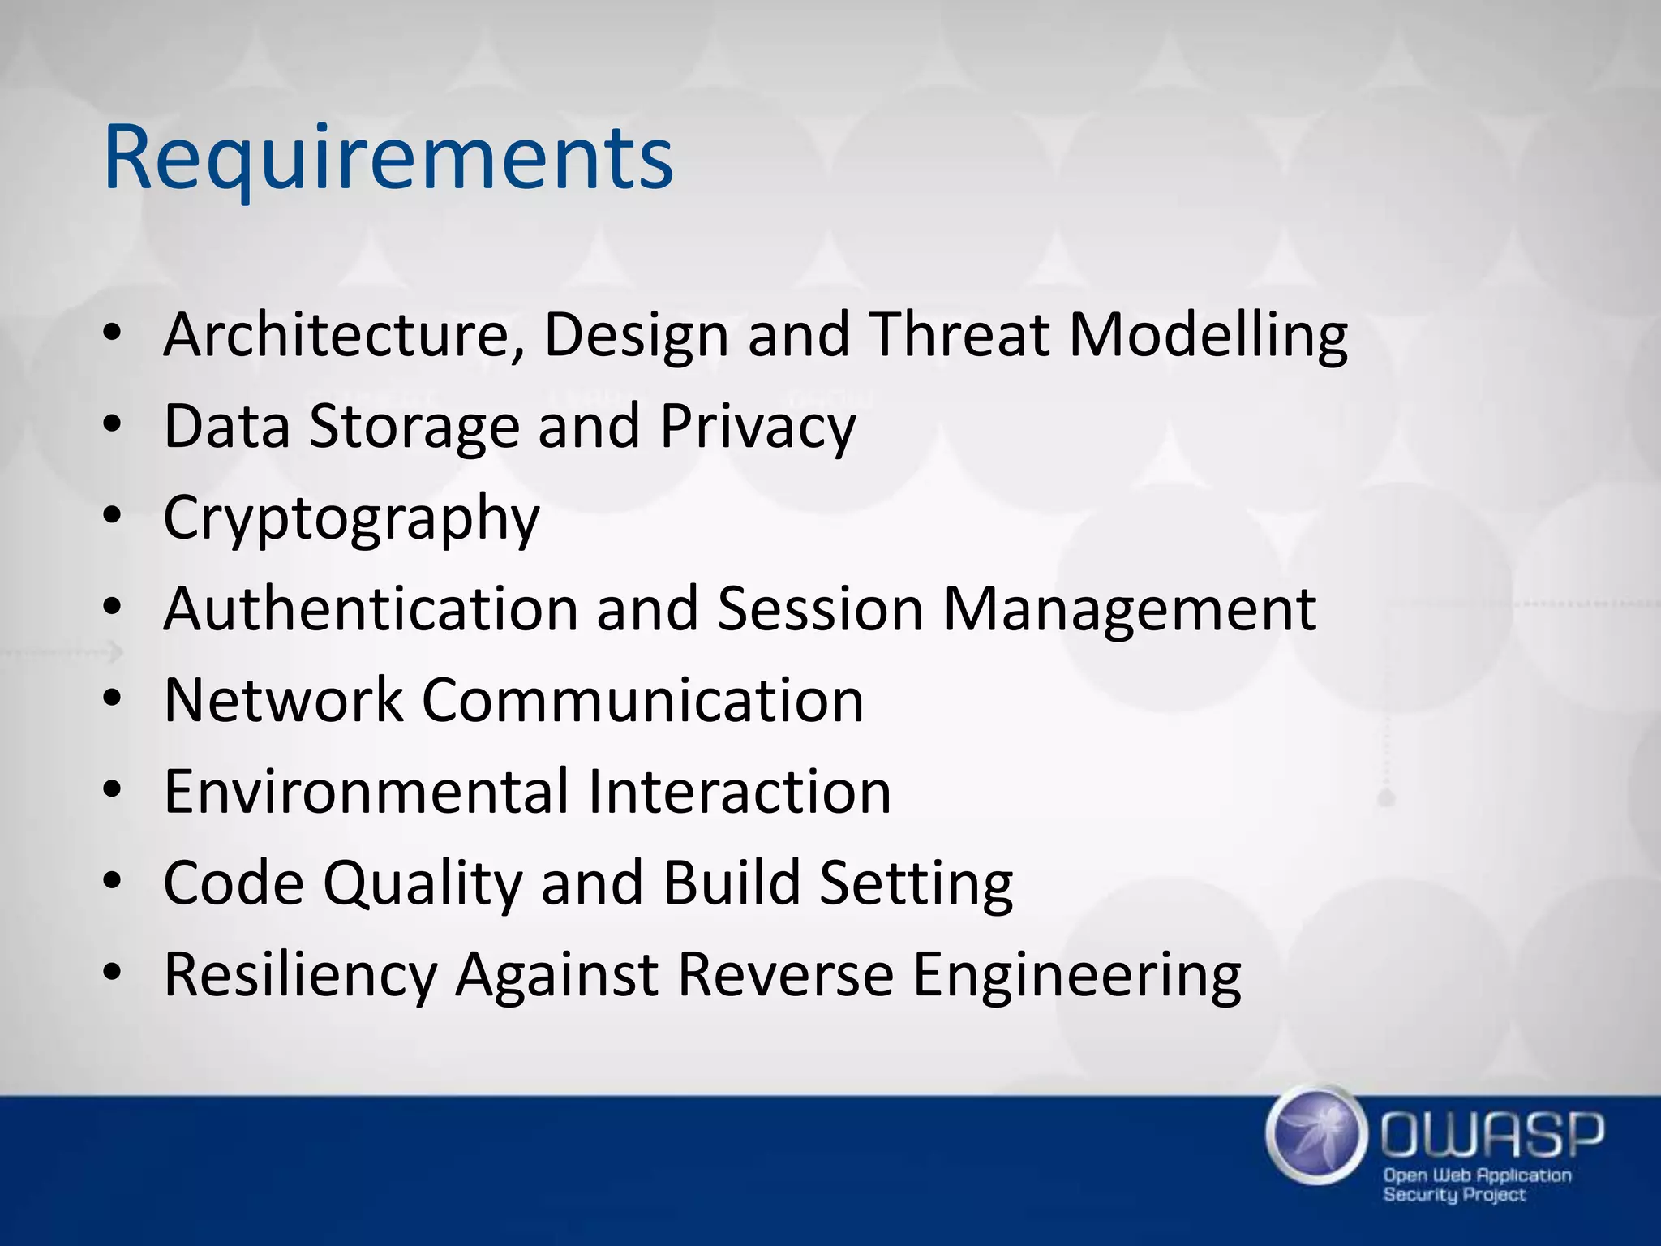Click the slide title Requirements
(388, 158)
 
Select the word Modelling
(1208, 334)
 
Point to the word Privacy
(758, 426)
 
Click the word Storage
(414, 426)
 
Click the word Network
(283, 700)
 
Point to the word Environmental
(367, 792)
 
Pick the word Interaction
(739, 792)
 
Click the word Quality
(423, 883)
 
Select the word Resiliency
(300, 974)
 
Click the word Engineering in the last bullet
(1077, 974)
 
